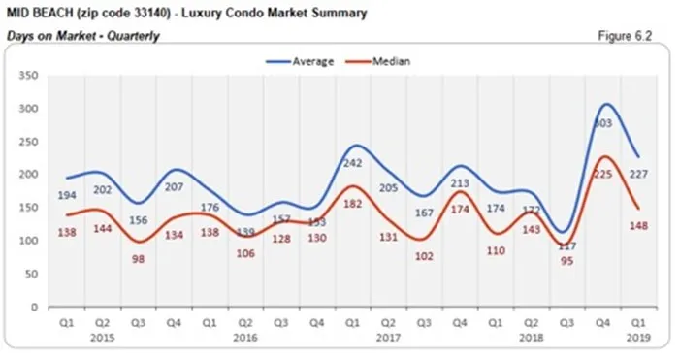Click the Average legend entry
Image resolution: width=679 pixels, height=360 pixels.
tap(308, 61)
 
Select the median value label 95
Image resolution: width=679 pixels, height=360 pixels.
tap(567, 260)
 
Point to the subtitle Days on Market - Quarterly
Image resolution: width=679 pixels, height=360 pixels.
tap(82, 35)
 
